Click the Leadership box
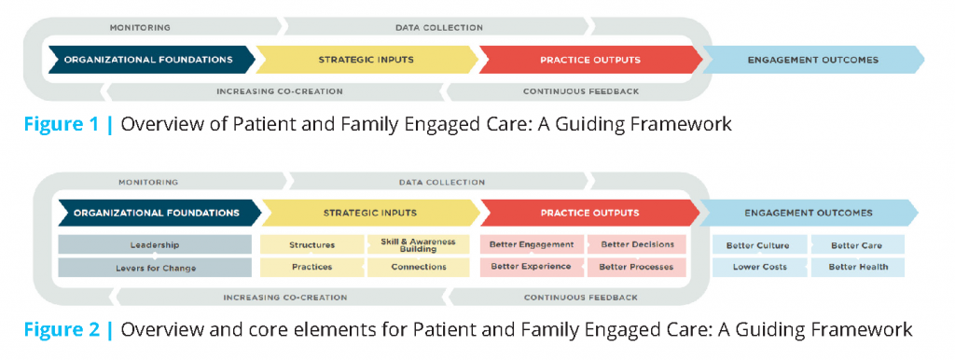[155, 245]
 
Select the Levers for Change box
[155, 268]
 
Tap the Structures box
[311, 245]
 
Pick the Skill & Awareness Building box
[419, 245]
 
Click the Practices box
[311, 268]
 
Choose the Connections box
[419, 268]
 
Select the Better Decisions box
[637, 245]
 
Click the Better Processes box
[637, 268]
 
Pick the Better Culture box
[759, 245]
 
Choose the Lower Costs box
[759, 268]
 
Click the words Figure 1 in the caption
[62, 124]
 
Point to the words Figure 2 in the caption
[62, 329]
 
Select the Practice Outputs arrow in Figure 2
[590, 214]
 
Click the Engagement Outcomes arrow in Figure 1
[813, 60]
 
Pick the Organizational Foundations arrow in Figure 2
[159, 214]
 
